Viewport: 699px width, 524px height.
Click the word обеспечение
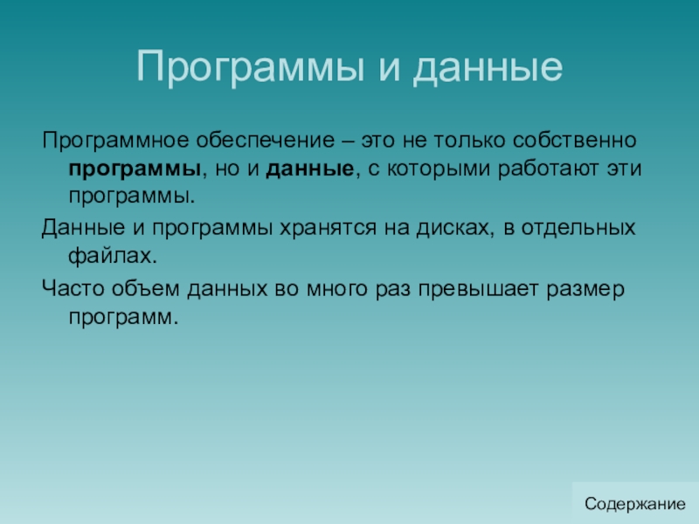coord(266,141)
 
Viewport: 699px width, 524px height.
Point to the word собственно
coord(574,141)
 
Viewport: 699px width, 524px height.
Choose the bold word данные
coord(310,169)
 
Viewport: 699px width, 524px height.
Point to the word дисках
coord(455,229)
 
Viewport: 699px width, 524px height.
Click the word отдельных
coord(578,229)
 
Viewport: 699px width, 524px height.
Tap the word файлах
coord(113,256)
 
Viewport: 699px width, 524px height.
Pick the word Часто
coord(73,289)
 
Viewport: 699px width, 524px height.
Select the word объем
coord(145,288)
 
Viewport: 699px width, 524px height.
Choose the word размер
coord(585,290)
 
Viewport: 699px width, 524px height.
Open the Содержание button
coord(635,504)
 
